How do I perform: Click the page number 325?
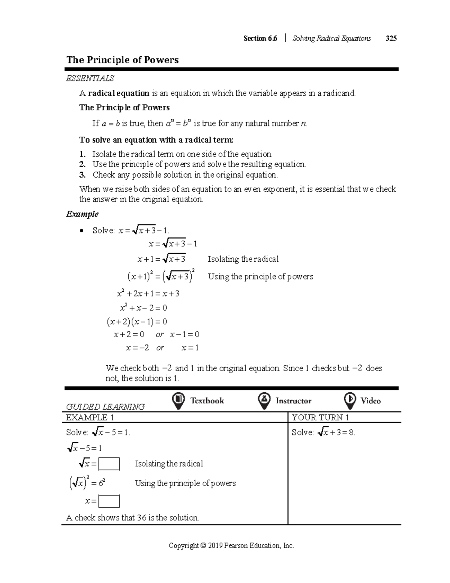(391, 38)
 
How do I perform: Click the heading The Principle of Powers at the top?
(122, 60)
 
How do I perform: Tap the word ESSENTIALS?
(90, 78)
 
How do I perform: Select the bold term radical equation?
(118, 93)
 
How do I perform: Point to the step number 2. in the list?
(82, 164)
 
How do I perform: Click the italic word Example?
(82, 214)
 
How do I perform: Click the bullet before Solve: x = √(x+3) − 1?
(82, 231)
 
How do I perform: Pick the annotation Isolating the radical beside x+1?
(243, 259)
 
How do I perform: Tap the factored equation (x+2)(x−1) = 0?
(137, 322)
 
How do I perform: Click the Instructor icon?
(264, 401)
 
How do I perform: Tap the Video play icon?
(350, 401)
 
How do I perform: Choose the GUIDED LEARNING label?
(105, 407)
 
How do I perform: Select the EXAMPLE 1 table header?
(90, 417)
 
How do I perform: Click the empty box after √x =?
(109, 464)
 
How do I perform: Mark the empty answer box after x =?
(109, 501)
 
